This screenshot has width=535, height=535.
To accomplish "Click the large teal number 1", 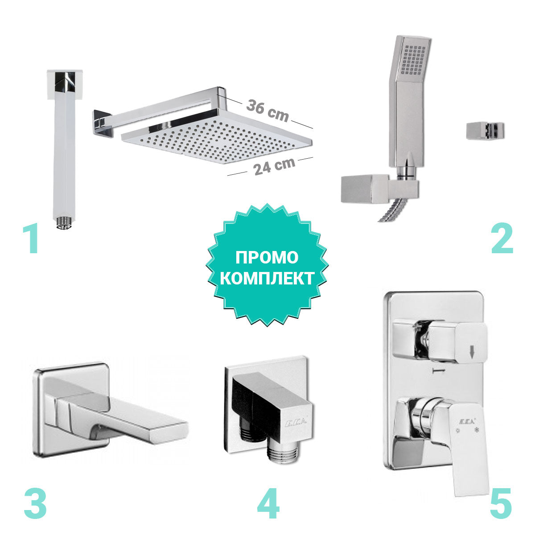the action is click(31, 239).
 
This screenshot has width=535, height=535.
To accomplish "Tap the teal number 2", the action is click(502, 239).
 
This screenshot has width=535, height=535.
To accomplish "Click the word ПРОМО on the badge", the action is click(267, 257).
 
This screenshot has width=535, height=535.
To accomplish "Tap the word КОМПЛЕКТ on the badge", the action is click(267, 278).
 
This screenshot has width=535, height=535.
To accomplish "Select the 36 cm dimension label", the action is click(267, 111).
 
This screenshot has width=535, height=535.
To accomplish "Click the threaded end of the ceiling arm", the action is click(64, 223).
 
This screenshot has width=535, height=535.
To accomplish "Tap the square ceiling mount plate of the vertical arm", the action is click(65, 84).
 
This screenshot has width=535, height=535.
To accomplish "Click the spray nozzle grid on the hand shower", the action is click(414, 60).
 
